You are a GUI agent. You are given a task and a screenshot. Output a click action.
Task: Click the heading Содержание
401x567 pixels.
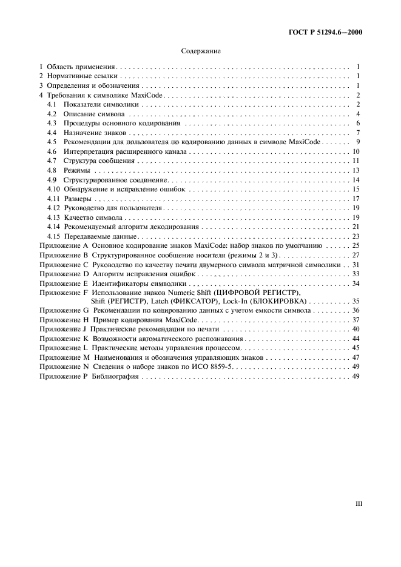(200, 52)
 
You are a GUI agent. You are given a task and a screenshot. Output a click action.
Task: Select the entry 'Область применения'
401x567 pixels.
(81, 67)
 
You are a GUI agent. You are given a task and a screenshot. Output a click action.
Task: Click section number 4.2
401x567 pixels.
(52, 114)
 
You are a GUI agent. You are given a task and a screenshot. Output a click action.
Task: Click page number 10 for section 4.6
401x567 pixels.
(357, 151)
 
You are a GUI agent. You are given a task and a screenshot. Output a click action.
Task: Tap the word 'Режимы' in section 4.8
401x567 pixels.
(75, 171)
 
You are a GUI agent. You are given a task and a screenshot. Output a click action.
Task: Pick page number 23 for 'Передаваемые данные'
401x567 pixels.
(357, 236)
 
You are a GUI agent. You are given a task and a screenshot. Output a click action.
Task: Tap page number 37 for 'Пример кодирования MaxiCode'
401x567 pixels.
(357, 320)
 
